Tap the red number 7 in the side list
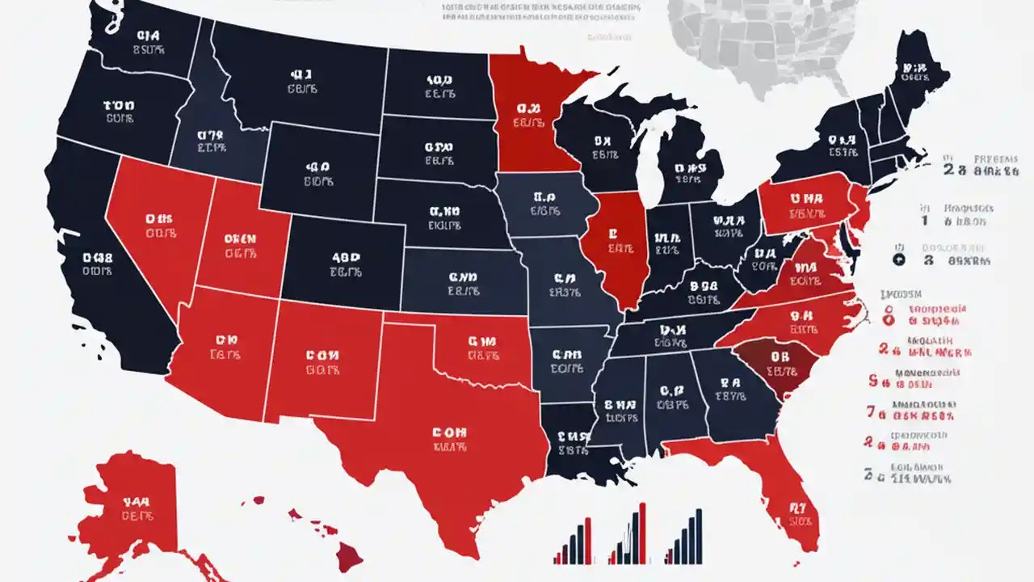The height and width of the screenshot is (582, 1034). (871, 411)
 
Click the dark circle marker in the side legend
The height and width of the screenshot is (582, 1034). (897, 259)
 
